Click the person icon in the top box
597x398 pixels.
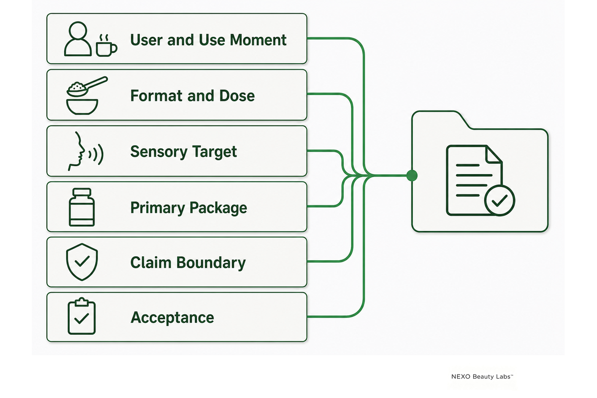point(78,39)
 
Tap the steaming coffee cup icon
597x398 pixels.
point(106,46)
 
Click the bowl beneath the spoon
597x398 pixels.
point(82,107)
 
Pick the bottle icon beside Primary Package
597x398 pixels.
point(82,207)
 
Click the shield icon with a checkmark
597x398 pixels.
point(82,262)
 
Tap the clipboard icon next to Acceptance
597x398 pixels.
point(82,316)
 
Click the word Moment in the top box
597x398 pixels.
point(258,40)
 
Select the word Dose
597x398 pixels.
point(237,96)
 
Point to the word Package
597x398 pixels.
point(218,208)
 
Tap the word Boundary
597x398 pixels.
point(211,263)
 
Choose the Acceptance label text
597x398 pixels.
point(172,318)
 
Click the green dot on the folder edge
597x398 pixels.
point(412,176)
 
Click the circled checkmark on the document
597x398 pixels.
point(499,200)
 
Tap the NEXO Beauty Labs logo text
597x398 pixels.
point(482,377)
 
